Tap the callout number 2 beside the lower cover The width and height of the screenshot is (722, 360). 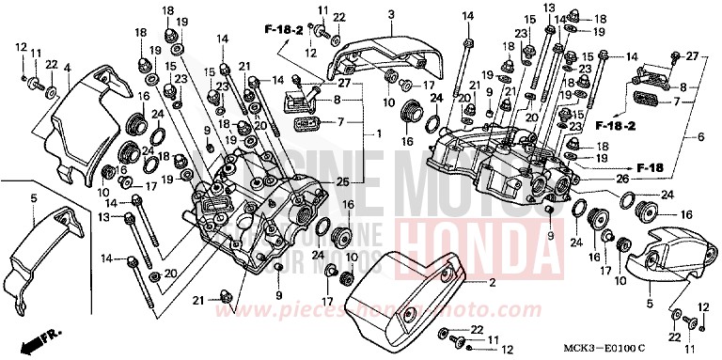tap(492, 283)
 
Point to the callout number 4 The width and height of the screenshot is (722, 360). tap(67, 68)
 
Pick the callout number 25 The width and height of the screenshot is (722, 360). tap(341, 180)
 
